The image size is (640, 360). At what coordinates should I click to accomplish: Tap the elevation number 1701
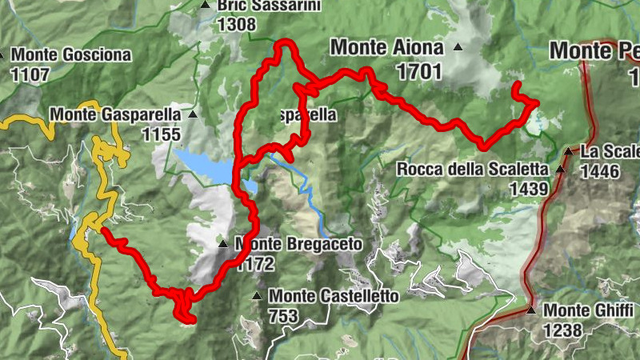tap(418, 72)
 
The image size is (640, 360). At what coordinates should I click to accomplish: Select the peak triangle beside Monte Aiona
tap(458, 47)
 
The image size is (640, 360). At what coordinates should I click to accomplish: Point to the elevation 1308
tap(236, 24)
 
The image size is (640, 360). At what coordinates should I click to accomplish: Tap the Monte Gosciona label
tap(70, 56)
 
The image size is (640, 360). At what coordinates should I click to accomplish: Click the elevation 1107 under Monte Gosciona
tap(31, 74)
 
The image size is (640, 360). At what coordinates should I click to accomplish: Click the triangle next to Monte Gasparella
tap(192, 115)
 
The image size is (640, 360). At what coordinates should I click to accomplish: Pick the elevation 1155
tap(160, 134)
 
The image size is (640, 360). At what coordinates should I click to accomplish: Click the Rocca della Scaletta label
tap(472, 170)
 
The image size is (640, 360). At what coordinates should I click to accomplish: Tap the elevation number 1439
tap(528, 189)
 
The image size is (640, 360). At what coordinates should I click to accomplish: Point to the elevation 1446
tap(601, 170)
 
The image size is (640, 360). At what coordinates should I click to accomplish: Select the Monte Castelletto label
tap(334, 296)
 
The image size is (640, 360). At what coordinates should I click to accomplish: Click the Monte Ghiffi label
tap(588, 310)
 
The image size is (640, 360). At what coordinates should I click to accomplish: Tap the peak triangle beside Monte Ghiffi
tap(531, 310)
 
